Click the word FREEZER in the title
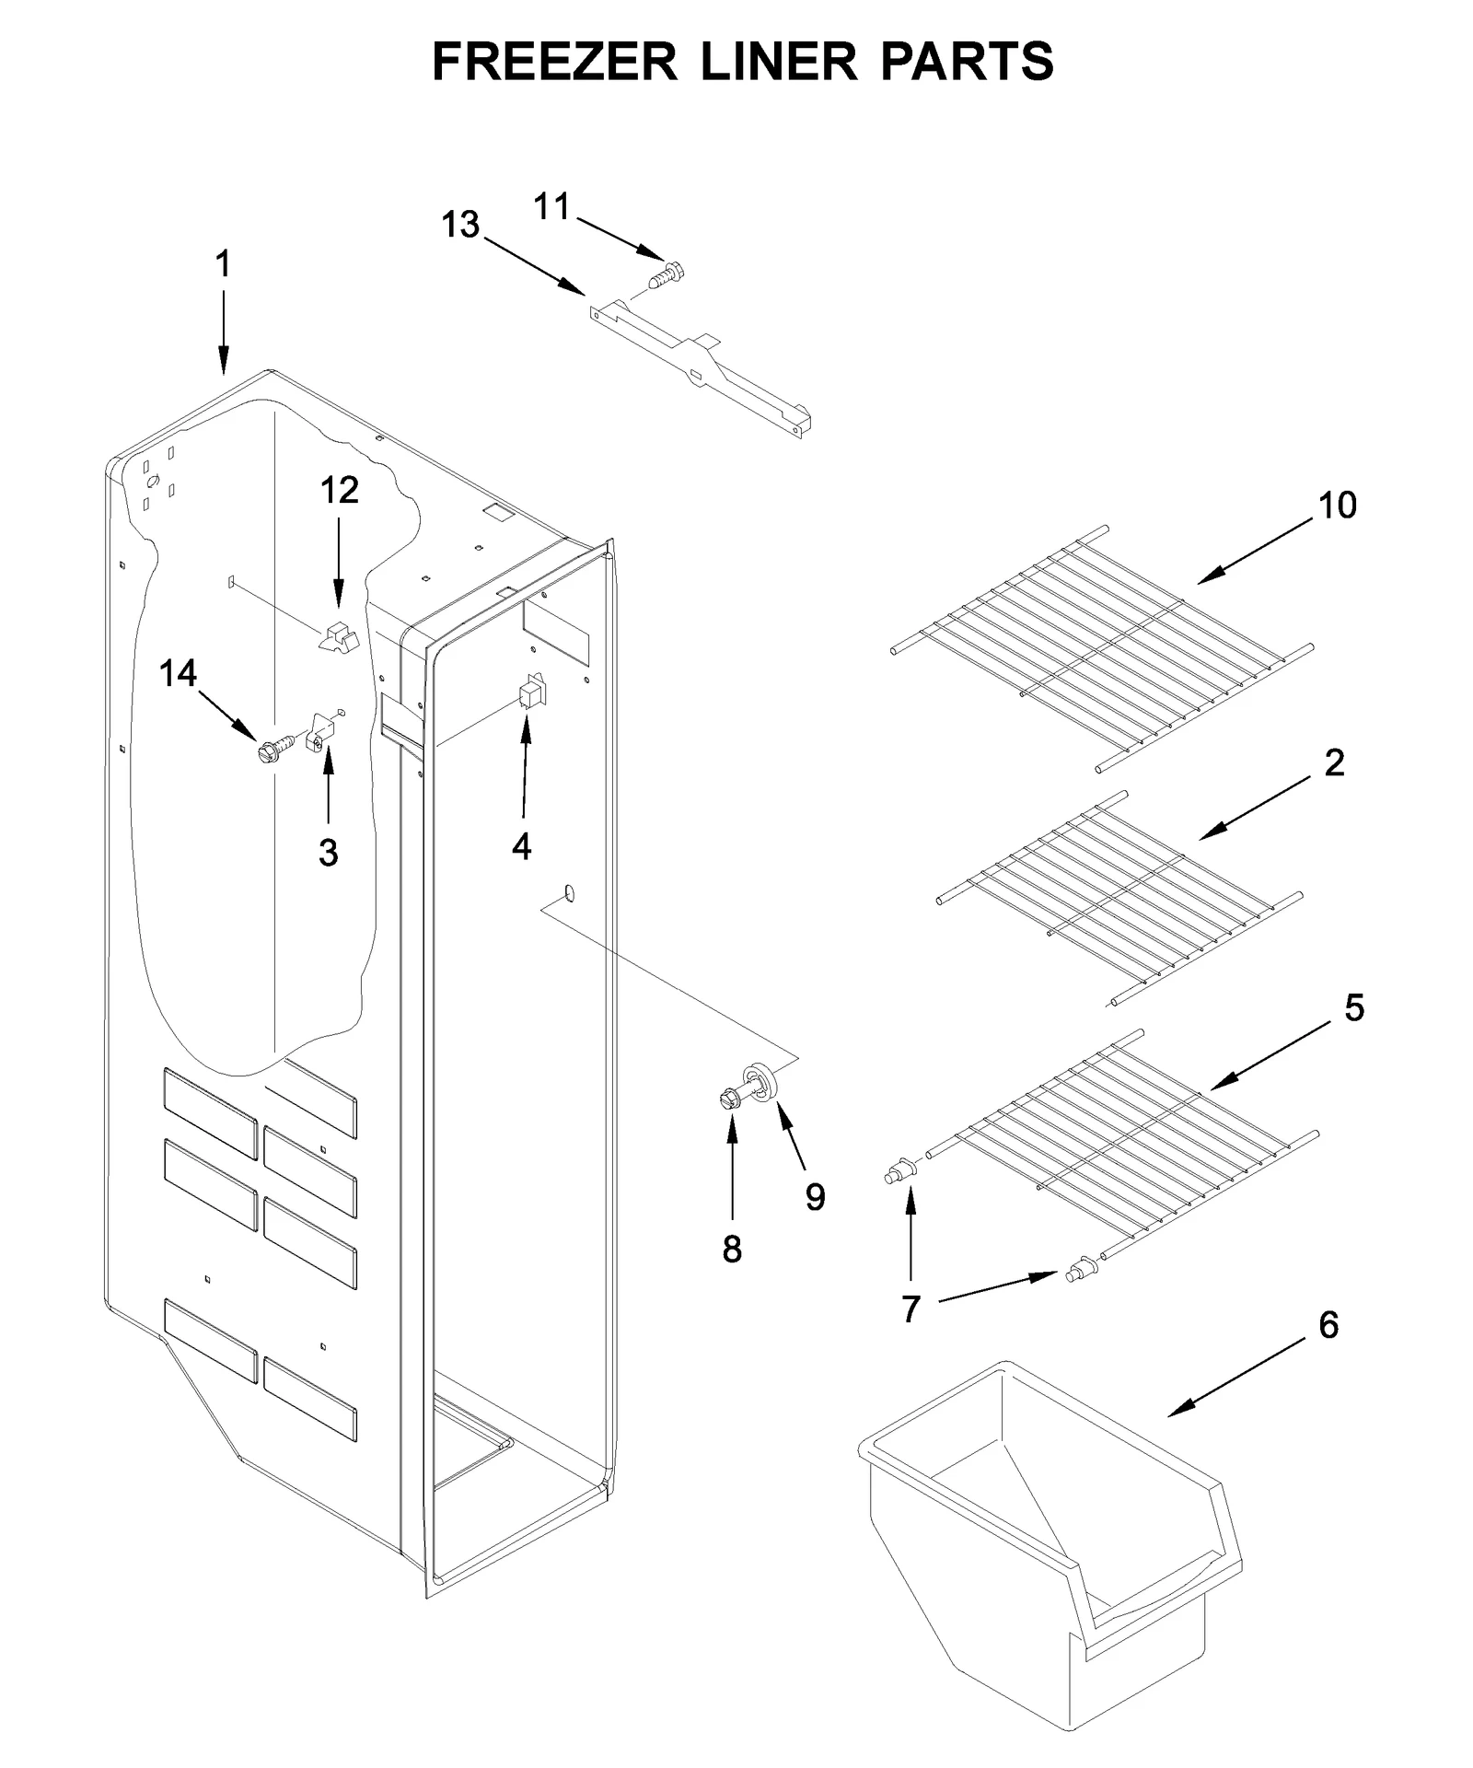click(x=555, y=62)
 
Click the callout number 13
click(x=460, y=225)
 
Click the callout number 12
click(x=339, y=491)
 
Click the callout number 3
click(x=329, y=853)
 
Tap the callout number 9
click(x=815, y=1196)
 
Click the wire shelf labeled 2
click(x=1119, y=898)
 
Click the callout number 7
click(x=910, y=1308)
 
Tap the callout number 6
click(x=1328, y=1325)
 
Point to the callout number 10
click(x=1338, y=506)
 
